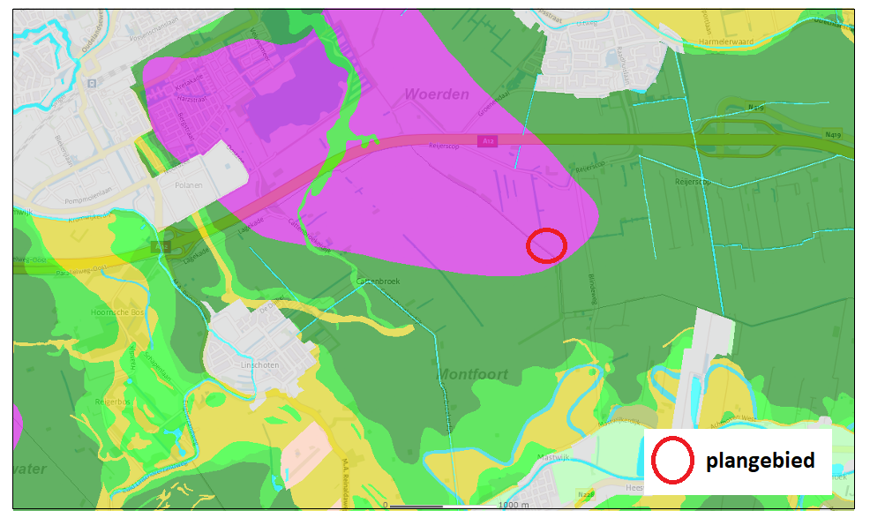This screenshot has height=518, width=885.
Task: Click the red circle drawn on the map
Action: pos(546,244)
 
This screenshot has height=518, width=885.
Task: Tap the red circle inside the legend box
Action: pos(672,462)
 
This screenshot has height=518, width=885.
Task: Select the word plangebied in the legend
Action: pos(759,461)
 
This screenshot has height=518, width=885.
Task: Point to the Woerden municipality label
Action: pos(437,94)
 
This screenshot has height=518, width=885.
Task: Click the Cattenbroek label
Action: pos(379,281)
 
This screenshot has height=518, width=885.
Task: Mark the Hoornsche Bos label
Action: pos(116,313)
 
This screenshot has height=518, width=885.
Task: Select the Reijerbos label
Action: pos(114,402)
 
